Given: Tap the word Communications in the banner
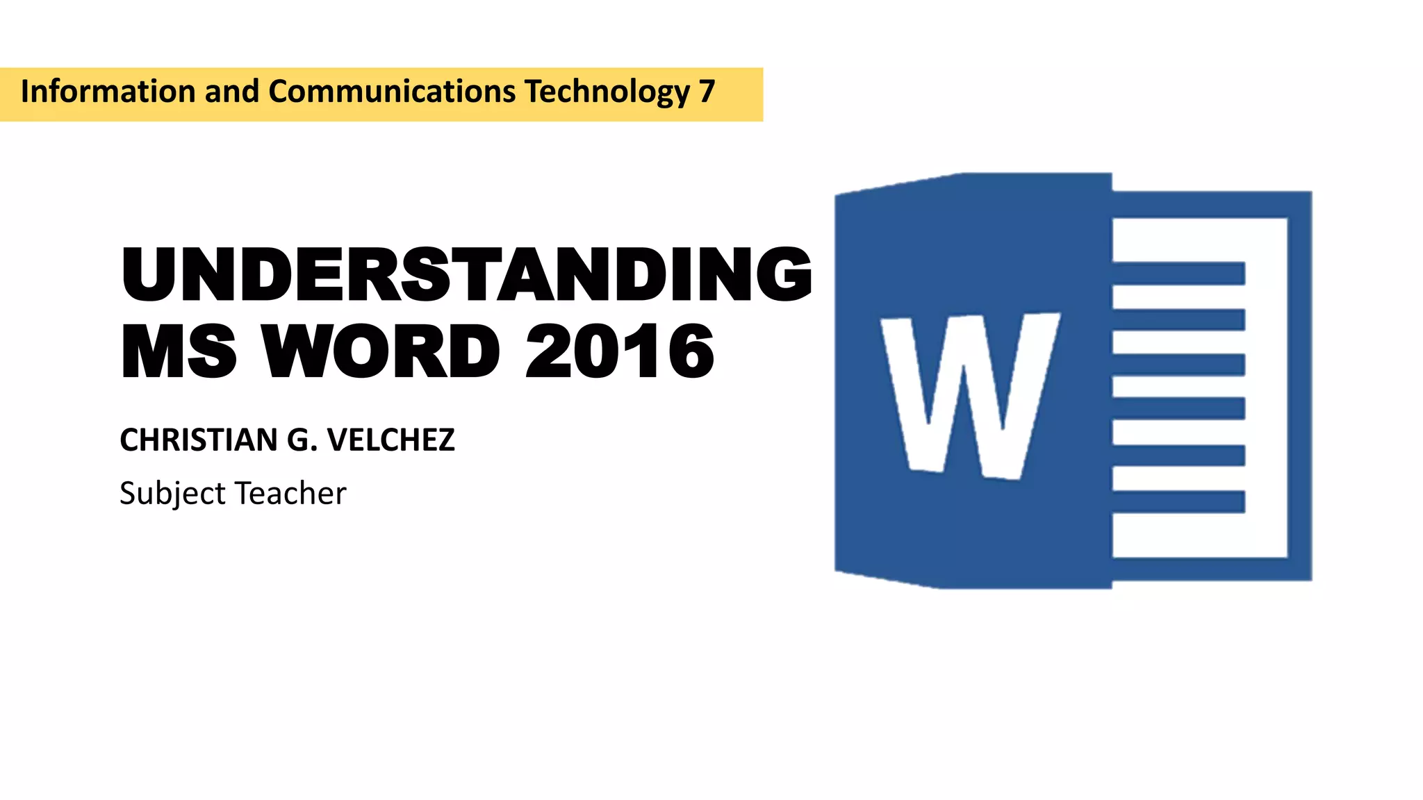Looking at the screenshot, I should pos(392,92).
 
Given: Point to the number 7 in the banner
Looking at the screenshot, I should pos(707,92).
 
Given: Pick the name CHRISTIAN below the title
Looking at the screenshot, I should pos(199,440).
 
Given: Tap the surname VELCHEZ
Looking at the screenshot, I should pos(390,440).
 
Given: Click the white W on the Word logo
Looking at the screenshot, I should pos(970,396).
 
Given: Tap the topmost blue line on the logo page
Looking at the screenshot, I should pos(1178,274).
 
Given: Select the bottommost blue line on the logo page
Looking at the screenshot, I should pos(1178,501).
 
